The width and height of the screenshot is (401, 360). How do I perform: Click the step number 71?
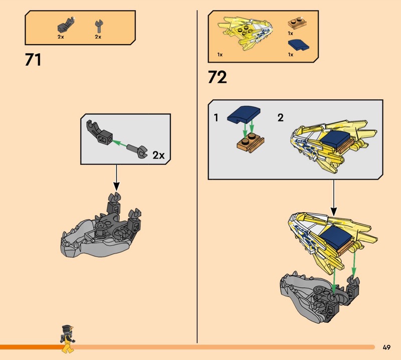pyautogui.click(x=33, y=60)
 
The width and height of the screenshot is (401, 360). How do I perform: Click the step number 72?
pyautogui.click(x=217, y=77)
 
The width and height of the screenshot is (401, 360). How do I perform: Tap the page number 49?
pyautogui.click(x=386, y=347)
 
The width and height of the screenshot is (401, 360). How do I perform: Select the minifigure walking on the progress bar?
pyautogui.click(x=68, y=339)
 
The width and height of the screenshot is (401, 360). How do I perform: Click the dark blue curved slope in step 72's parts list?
pyautogui.click(x=298, y=45)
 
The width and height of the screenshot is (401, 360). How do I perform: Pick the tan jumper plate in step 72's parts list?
pyautogui.click(x=297, y=23)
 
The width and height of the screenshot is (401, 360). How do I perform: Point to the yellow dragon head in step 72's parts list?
pyautogui.click(x=246, y=33)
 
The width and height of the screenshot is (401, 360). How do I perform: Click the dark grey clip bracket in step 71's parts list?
pyautogui.click(x=66, y=25)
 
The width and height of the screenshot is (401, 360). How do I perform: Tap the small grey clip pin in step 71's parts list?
pyautogui.click(x=98, y=27)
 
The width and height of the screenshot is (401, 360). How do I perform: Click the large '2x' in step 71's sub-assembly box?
pyautogui.click(x=158, y=155)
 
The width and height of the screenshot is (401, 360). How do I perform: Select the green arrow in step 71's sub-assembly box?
pyautogui.click(x=119, y=143)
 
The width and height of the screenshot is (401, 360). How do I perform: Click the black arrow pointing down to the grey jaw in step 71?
pyautogui.click(x=116, y=177)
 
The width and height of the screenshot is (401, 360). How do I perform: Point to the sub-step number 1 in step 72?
pyautogui.click(x=216, y=118)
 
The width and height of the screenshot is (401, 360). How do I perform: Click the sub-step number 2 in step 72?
pyautogui.click(x=281, y=118)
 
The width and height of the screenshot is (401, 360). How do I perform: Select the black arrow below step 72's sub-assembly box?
pyautogui.click(x=333, y=197)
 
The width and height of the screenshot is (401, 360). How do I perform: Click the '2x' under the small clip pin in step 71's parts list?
pyautogui.click(x=98, y=37)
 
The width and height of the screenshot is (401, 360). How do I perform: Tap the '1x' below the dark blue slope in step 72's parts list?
pyautogui.click(x=291, y=55)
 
